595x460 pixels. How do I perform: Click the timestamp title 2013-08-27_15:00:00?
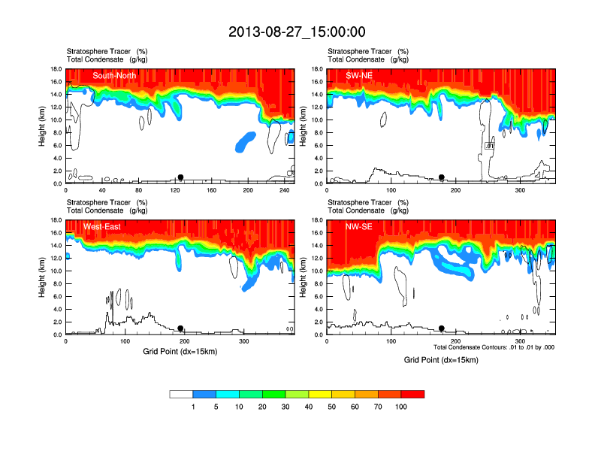tap(297, 32)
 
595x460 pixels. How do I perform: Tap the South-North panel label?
tap(113, 75)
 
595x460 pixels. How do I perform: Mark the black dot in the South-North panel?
tap(180, 177)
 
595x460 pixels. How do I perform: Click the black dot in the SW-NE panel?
tap(442, 177)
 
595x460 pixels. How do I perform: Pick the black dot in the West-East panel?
tap(180, 328)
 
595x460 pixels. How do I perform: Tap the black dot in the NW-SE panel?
tap(442, 328)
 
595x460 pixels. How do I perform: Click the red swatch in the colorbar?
tap(412, 394)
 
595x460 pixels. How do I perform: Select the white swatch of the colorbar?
tap(181, 394)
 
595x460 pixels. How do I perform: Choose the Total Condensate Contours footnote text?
tap(494, 347)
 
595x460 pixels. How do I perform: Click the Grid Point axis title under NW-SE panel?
tap(440, 360)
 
